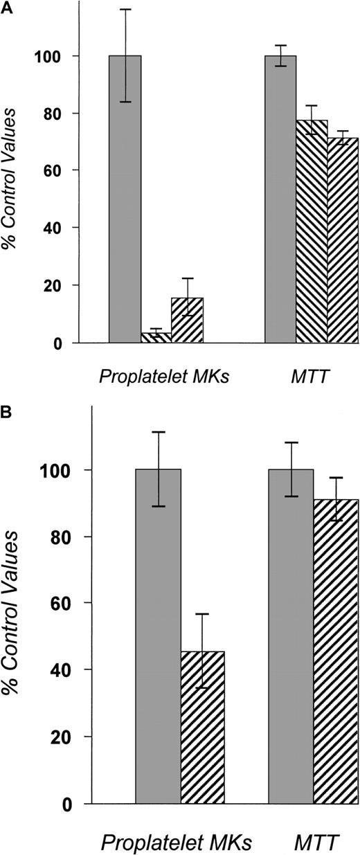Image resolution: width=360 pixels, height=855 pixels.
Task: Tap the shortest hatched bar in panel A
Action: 156,338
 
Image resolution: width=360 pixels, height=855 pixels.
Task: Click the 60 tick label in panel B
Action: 66,603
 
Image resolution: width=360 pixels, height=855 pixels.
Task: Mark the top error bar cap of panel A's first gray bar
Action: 125,9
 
